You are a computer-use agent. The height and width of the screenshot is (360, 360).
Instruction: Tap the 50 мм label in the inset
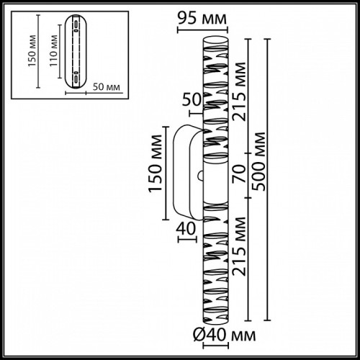coord(107,87)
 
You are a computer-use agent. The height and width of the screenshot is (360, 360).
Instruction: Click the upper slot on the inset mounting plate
coord(74,27)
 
